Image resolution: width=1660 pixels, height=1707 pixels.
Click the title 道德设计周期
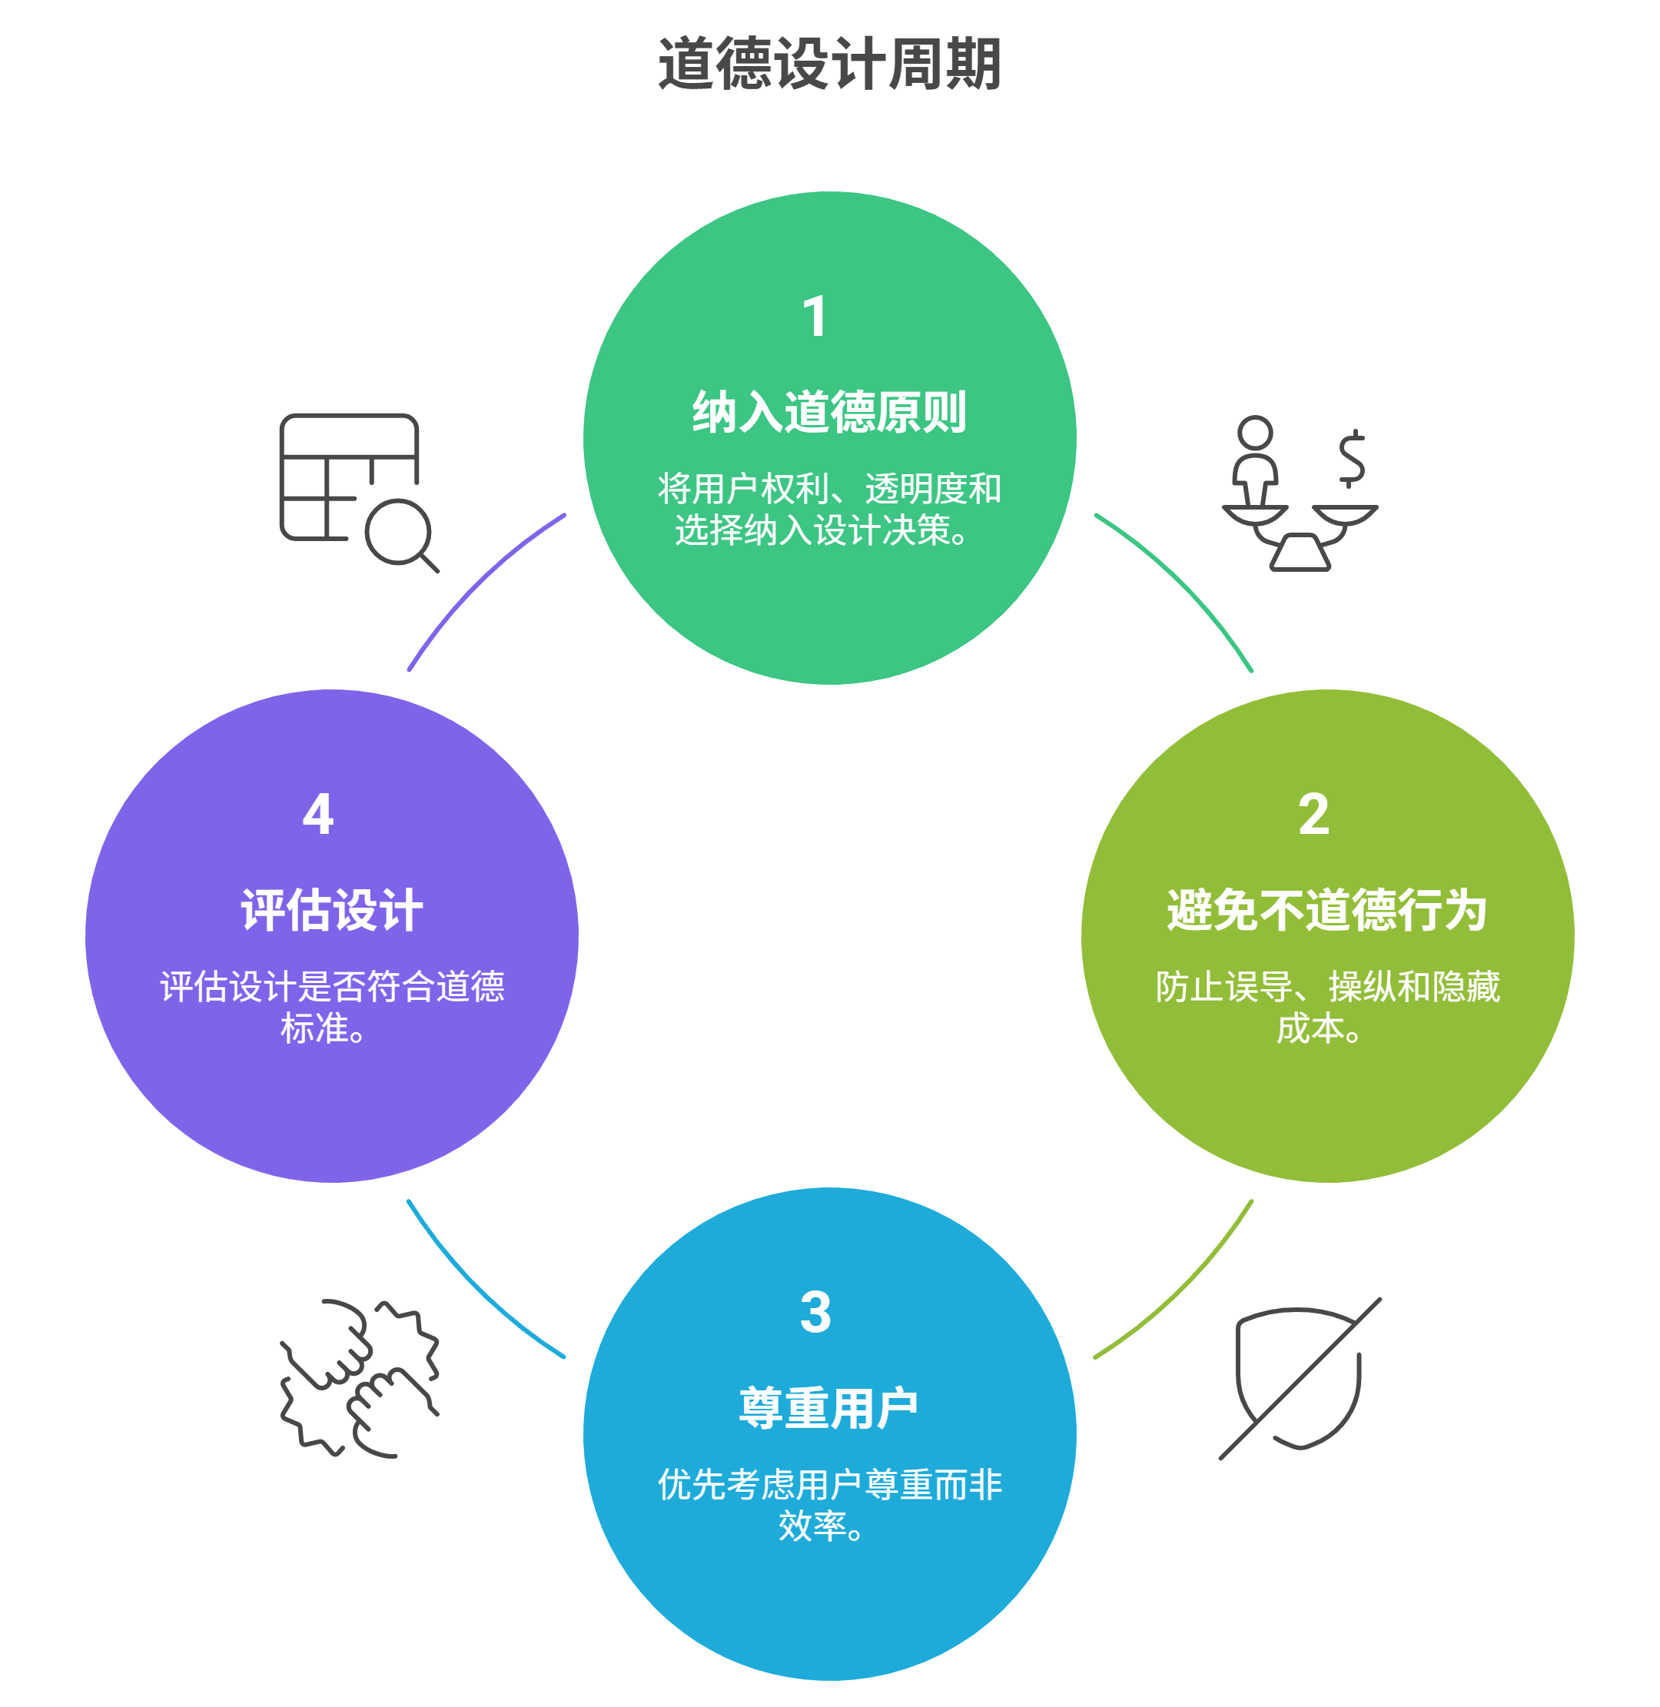[829, 64]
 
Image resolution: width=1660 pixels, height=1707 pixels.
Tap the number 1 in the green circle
[815, 317]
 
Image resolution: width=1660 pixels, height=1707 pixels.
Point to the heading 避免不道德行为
[1326, 910]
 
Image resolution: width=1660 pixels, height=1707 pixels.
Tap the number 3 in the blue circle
[815, 1312]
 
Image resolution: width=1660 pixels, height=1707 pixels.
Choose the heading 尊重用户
[828, 1408]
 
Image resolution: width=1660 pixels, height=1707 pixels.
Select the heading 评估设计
[332, 910]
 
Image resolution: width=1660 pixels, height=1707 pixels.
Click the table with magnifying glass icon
[357, 492]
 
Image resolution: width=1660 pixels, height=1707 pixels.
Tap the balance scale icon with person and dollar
[1299, 493]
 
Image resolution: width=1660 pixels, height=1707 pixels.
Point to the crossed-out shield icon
[1299, 1379]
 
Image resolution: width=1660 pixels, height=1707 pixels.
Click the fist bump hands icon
[358, 1378]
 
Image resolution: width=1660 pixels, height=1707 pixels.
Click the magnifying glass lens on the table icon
[397, 531]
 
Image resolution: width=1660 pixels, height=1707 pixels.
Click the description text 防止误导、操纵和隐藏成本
[1326, 1007]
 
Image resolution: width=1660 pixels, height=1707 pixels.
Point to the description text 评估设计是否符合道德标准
[331, 1007]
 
